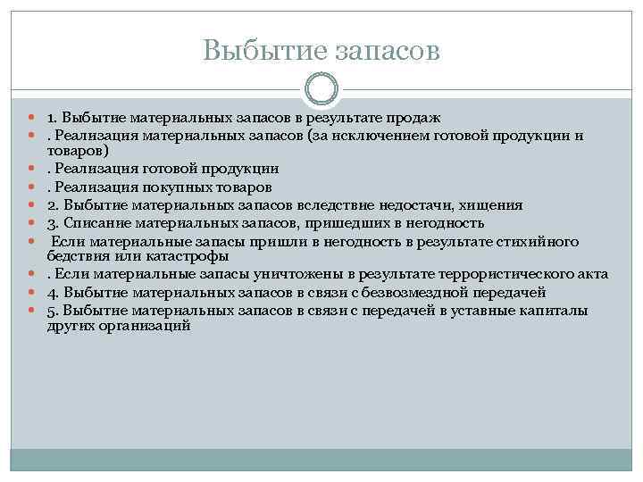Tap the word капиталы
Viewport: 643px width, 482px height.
pyautogui.click(x=554, y=310)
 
